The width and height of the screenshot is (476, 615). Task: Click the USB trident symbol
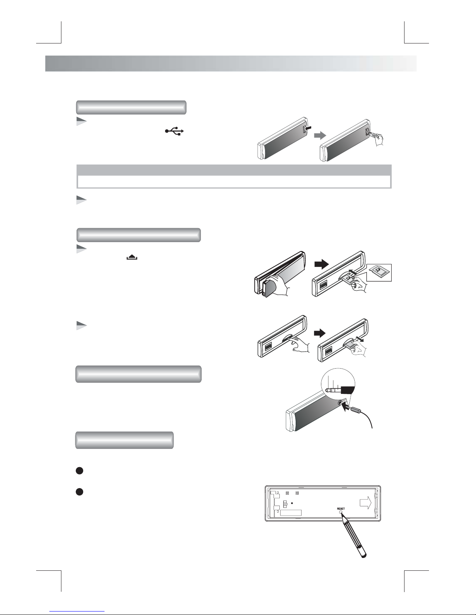[x=174, y=131]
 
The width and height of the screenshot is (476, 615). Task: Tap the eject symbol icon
[x=132, y=257]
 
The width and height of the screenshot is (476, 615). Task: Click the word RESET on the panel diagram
[x=341, y=509]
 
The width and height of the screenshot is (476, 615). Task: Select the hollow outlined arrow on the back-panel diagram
[x=366, y=502]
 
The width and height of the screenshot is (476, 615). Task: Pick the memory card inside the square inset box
[x=379, y=272]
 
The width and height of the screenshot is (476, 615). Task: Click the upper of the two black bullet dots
[x=79, y=470]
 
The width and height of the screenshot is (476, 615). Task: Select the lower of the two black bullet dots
[x=79, y=492]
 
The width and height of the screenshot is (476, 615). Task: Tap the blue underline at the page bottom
[x=77, y=610]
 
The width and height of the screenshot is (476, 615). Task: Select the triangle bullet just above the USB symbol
[x=81, y=121]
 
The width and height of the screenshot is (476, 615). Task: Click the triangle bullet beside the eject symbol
[x=81, y=249]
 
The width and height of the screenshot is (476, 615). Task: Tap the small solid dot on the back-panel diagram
[x=292, y=503]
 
